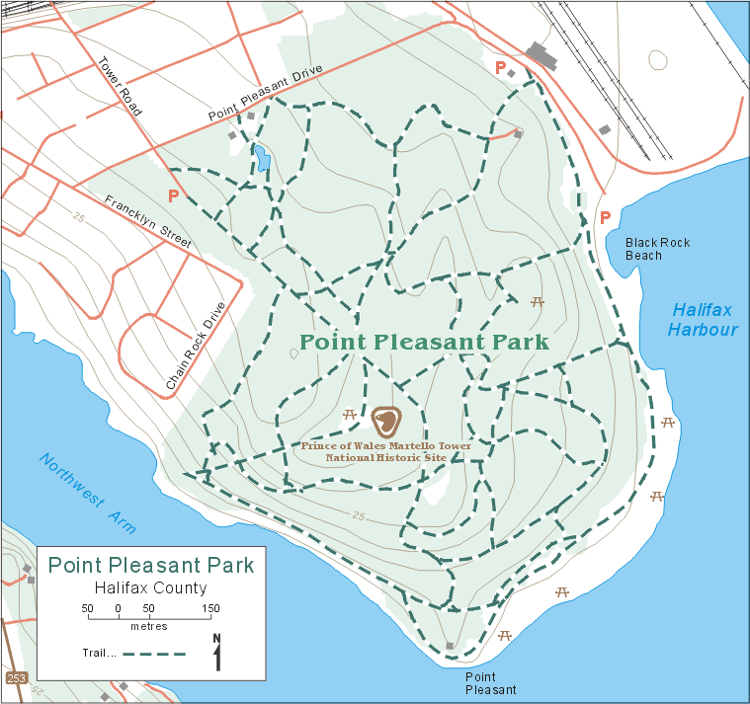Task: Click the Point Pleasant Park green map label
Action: (x=423, y=343)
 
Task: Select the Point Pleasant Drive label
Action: (x=266, y=99)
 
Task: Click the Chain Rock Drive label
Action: (x=196, y=344)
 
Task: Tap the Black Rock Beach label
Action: (x=657, y=249)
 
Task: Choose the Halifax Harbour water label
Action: (x=703, y=320)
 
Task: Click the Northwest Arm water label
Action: (x=87, y=493)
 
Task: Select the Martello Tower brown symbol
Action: (x=385, y=422)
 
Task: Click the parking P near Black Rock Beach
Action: (x=605, y=217)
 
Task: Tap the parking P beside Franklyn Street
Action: (x=174, y=196)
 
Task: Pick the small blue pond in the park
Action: (x=263, y=158)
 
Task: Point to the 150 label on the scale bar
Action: (x=209, y=607)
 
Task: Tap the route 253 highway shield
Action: (x=16, y=678)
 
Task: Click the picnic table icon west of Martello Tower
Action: (x=349, y=415)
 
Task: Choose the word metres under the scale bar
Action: (x=148, y=627)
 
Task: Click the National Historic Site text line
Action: (x=386, y=458)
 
